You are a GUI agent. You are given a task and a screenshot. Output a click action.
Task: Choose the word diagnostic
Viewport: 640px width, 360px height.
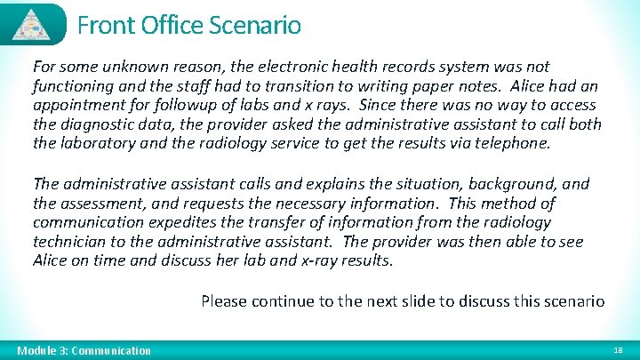(x=97, y=125)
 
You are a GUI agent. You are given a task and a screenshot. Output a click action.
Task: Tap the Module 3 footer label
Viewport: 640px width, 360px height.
(x=84, y=351)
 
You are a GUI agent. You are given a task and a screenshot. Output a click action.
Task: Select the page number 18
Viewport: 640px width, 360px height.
(x=618, y=351)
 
